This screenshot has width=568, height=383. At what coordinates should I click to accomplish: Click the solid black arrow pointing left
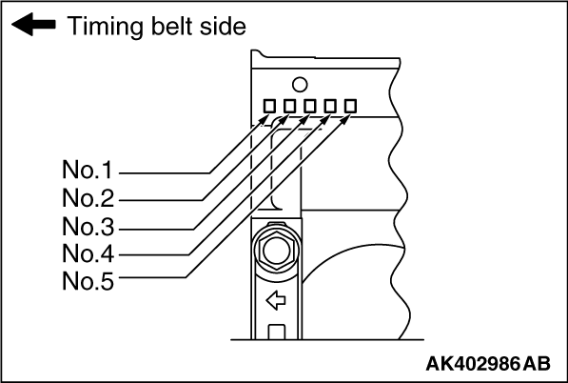pyautogui.click(x=33, y=25)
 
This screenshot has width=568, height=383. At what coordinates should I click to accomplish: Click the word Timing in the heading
pyautogui.click(x=105, y=28)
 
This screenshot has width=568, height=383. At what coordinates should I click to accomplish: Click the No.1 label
pyautogui.click(x=88, y=170)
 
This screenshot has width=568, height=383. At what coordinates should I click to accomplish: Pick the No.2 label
pyautogui.click(x=88, y=198)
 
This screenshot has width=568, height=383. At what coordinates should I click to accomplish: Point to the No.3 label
pyautogui.click(x=88, y=227)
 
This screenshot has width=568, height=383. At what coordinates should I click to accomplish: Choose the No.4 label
pyautogui.click(x=88, y=253)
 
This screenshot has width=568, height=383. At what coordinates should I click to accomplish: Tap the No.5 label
pyautogui.click(x=88, y=281)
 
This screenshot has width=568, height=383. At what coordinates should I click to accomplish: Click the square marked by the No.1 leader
pyautogui.click(x=269, y=107)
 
